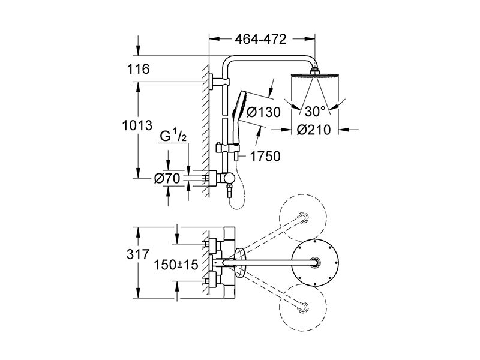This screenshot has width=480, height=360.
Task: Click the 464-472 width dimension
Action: click(x=260, y=39)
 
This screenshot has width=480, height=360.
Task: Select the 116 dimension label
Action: click(x=139, y=69)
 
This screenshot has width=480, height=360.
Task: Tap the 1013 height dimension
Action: click(x=137, y=125)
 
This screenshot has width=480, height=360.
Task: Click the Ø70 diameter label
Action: click(x=167, y=178)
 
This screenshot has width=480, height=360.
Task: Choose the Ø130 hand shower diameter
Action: click(x=263, y=112)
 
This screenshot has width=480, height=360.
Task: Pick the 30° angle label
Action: click(x=315, y=112)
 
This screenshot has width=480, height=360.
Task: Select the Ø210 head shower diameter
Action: click(x=314, y=130)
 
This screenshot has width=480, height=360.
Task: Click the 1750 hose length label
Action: click(x=265, y=157)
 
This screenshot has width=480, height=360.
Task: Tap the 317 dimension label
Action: click(x=138, y=254)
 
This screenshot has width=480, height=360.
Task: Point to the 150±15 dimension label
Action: click(x=176, y=265)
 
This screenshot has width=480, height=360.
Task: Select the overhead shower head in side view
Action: click(x=314, y=74)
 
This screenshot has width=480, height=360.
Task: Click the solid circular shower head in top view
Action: click(x=315, y=262)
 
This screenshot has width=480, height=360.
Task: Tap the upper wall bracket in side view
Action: click(x=219, y=82)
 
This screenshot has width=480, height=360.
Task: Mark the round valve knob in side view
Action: click(x=229, y=178)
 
